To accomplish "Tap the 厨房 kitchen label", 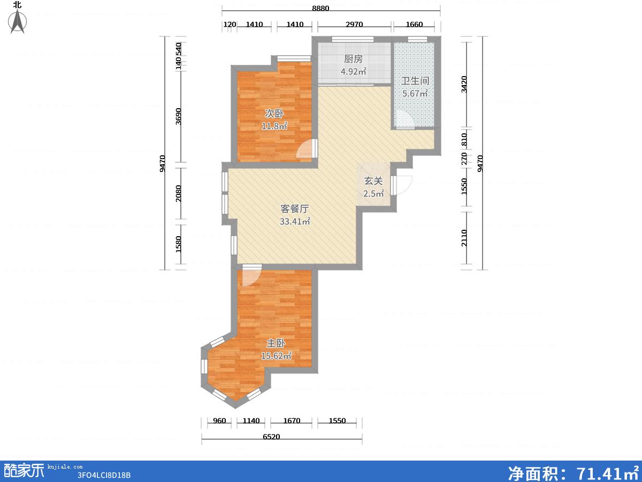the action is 353,59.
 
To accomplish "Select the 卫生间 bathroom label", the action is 415,81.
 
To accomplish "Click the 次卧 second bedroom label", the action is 274,114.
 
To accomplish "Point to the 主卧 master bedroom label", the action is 276,343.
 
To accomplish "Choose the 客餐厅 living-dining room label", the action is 295,209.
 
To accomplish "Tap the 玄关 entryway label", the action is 373,181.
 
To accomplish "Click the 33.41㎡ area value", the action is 295,222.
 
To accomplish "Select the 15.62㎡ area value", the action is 276,356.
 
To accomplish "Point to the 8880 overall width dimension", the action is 320,8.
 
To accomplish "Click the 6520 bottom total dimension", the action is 271,437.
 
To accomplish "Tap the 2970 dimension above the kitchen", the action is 354,24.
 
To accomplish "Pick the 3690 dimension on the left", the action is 178,116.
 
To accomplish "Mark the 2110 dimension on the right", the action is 464,238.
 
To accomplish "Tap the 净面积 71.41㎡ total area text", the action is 574,473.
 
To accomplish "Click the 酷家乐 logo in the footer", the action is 24,471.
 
